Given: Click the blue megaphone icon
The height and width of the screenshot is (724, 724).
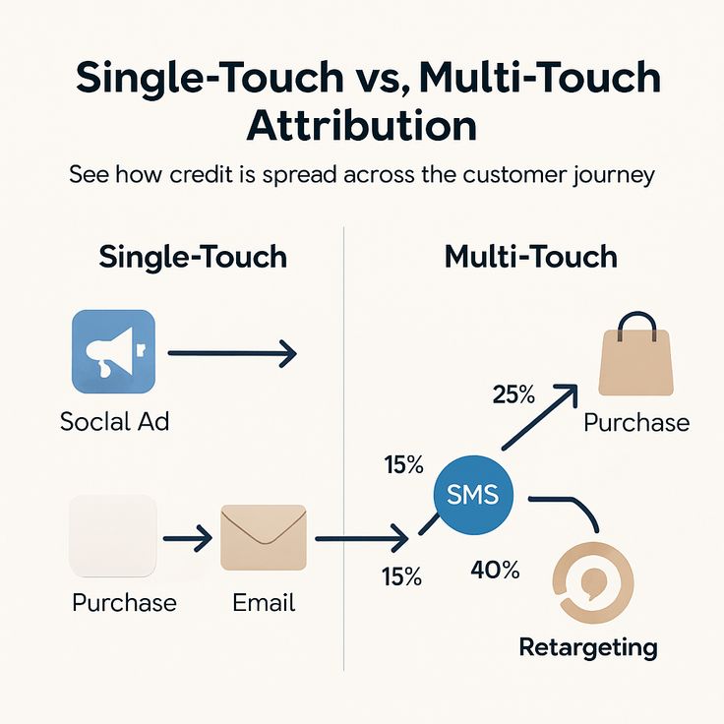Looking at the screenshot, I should pos(113,351).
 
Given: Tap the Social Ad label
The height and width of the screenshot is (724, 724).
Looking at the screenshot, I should pos(114,422).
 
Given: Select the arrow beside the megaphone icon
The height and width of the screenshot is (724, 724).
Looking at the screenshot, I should pos(232,353).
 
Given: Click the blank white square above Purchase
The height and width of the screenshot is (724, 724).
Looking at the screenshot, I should pos(113,536).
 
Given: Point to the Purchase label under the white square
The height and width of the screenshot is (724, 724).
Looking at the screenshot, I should pos(124,602).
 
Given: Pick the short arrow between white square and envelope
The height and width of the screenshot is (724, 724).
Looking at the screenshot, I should pos(187,538).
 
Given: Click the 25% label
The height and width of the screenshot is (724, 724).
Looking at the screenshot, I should pos(513,395).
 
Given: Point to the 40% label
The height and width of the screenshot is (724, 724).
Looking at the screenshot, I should pos(495,570).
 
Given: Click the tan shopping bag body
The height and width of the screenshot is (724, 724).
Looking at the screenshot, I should pos(636,364).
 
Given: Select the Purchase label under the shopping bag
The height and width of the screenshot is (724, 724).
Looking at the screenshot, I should pos(636,423).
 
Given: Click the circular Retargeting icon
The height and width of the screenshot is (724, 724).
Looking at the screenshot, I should pos(593,581).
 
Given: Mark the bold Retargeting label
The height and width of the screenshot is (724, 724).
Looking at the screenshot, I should pos(588,647).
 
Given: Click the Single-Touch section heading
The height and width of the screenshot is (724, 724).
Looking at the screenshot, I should pos(193,257).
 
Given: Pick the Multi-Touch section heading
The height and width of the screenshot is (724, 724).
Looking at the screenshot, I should pos(531,257).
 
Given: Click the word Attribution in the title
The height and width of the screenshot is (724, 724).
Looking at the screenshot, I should pos(362,127).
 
